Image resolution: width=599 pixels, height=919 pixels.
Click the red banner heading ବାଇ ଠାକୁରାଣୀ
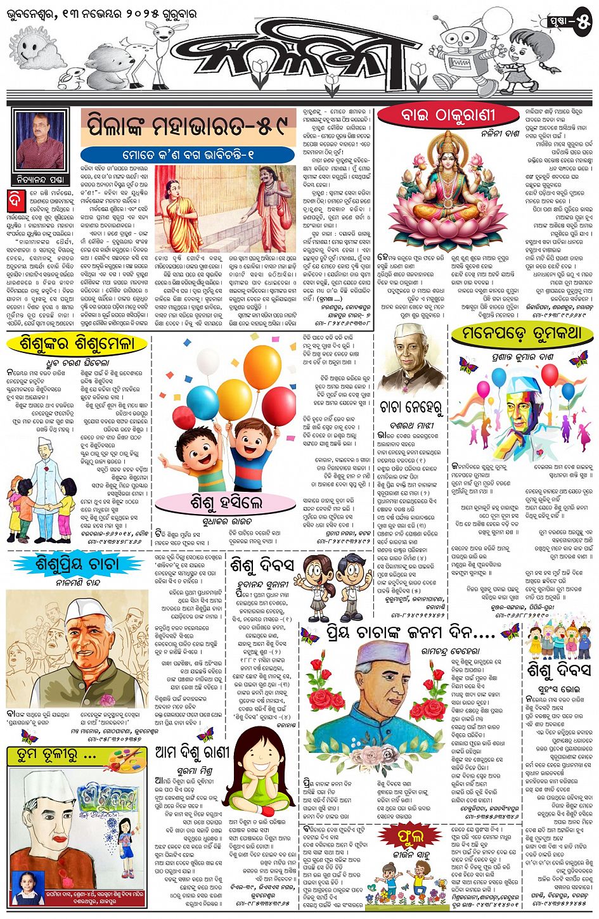[444, 115]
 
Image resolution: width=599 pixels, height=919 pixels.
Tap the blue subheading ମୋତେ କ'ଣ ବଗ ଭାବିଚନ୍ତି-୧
[188, 155]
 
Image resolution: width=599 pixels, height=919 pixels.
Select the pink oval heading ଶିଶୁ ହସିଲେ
[226, 503]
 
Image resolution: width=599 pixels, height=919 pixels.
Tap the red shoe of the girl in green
[267, 811]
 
